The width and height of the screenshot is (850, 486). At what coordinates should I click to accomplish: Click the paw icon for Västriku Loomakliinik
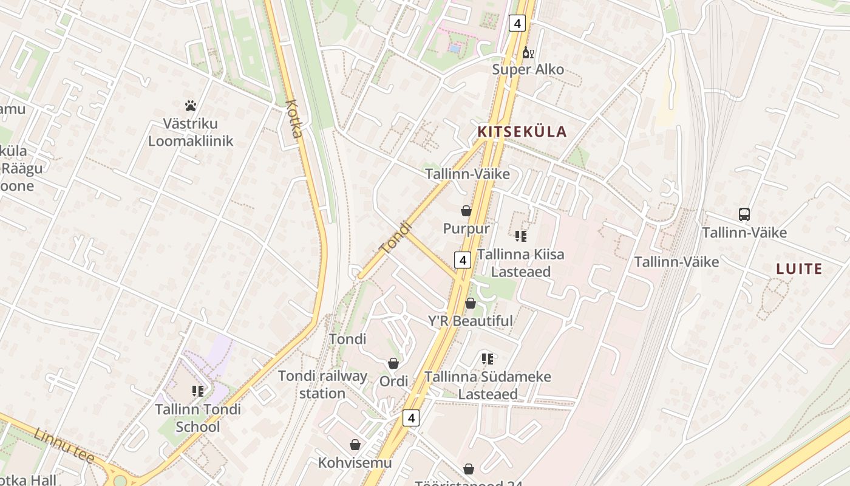point(191,106)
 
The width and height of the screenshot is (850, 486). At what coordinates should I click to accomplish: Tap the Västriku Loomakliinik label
point(191,132)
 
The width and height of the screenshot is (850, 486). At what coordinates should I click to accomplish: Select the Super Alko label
point(528,69)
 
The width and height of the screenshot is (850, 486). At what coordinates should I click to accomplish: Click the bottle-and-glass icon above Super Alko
point(528,53)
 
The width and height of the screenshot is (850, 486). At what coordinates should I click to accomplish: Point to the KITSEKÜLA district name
point(522,132)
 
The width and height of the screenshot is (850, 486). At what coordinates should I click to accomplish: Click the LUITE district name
point(799,269)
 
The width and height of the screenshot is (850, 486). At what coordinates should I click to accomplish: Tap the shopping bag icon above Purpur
point(466,211)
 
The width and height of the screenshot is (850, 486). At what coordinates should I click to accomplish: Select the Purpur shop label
point(466,229)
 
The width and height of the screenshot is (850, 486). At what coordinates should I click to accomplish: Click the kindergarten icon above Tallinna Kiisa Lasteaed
point(520,236)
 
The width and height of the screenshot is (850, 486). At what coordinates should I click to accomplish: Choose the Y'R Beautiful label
point(471,321)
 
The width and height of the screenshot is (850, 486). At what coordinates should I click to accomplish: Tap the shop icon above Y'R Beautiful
point(471,303)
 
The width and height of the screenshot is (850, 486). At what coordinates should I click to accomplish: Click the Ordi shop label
point(393,382)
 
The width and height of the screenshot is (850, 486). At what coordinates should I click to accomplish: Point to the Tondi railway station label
point(322,385)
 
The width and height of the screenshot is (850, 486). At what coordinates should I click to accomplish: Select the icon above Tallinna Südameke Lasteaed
point(488,359)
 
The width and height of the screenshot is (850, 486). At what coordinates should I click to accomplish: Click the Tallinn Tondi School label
point(198,418)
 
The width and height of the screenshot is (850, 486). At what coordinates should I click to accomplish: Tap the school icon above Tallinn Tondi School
point(198,391)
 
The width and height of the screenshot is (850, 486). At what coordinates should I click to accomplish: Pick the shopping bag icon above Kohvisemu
point(355,445)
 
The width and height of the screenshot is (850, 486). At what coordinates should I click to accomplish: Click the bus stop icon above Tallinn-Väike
point(744,214)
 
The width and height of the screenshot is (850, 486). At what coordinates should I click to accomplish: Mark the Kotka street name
point(293,118)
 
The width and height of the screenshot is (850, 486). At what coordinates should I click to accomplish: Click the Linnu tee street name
point(64,446)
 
